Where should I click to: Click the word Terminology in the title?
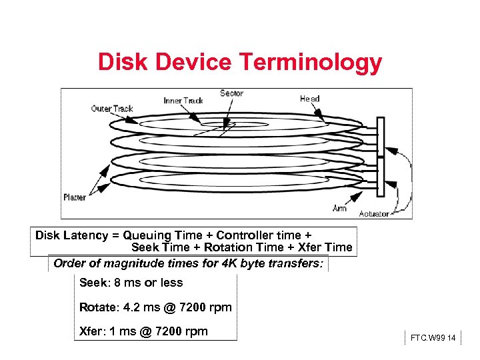pyautogui.click(x=310, y=63)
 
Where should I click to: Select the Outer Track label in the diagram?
pyautogui.click(x=112, y=109)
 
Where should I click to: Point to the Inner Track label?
pyautogui.click(x=183, y=101)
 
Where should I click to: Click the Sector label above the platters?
pyautogui.click(x=231, y=93)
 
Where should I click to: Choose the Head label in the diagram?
pyautogui.click(x=309, y=99)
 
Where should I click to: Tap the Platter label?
pyautogui.click(x=74, y=197)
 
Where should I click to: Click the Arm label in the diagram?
pyautogui.click(x=339, y=209)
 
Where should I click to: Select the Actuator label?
pyautogui.click(x=374, y=213)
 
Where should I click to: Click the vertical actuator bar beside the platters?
pyautogui.click(x=381, y=157)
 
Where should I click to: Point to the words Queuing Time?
pyautogui.click(x=166, y=235)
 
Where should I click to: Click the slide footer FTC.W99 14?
pyautogui.click(x=433, y=339)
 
